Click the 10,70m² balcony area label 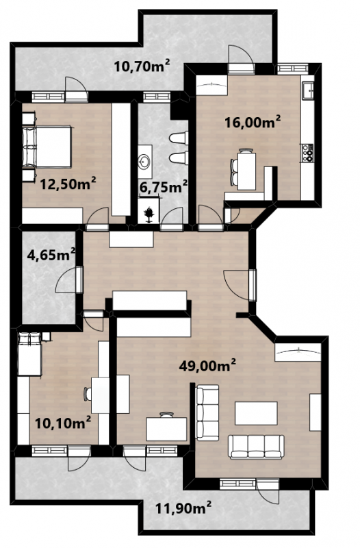point(142,65)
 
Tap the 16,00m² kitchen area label point(253,122)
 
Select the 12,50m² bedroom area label point(68,184)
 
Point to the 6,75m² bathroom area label point(164,187)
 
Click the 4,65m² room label point(51,254)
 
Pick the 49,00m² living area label point(207,366)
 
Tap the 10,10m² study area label point(63,423)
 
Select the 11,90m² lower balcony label point(183,508)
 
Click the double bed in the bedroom point(47,147)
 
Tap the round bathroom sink point(144,162)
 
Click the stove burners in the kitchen point(308,153)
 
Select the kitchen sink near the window point(309,90)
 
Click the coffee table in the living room point(256,413)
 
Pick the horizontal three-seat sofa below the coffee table point(256,447)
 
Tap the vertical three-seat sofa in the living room point(207,412)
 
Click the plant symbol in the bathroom point(149,214)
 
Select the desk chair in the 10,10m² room point(88,395)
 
